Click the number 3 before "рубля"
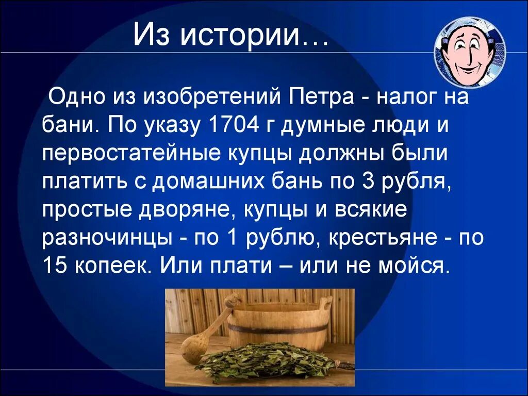(369, 181)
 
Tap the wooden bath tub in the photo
(278, 322)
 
